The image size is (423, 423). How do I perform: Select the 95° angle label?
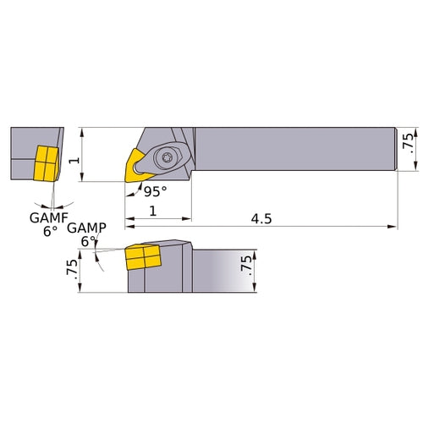pyautogui.click(x=155, y=190)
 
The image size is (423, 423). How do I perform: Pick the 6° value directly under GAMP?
pyautogui.click(x=87, y=241)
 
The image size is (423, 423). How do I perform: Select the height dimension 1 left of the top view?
pyautogui.click(x=74, y=159)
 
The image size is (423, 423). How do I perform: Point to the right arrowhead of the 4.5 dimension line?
pyautogui.click(x=393, y=227)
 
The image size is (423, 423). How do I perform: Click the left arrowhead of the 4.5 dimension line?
pyautogui.click(x=129, y=227)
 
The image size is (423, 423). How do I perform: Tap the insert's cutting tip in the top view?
pyautogui.click(x=126, y=179)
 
